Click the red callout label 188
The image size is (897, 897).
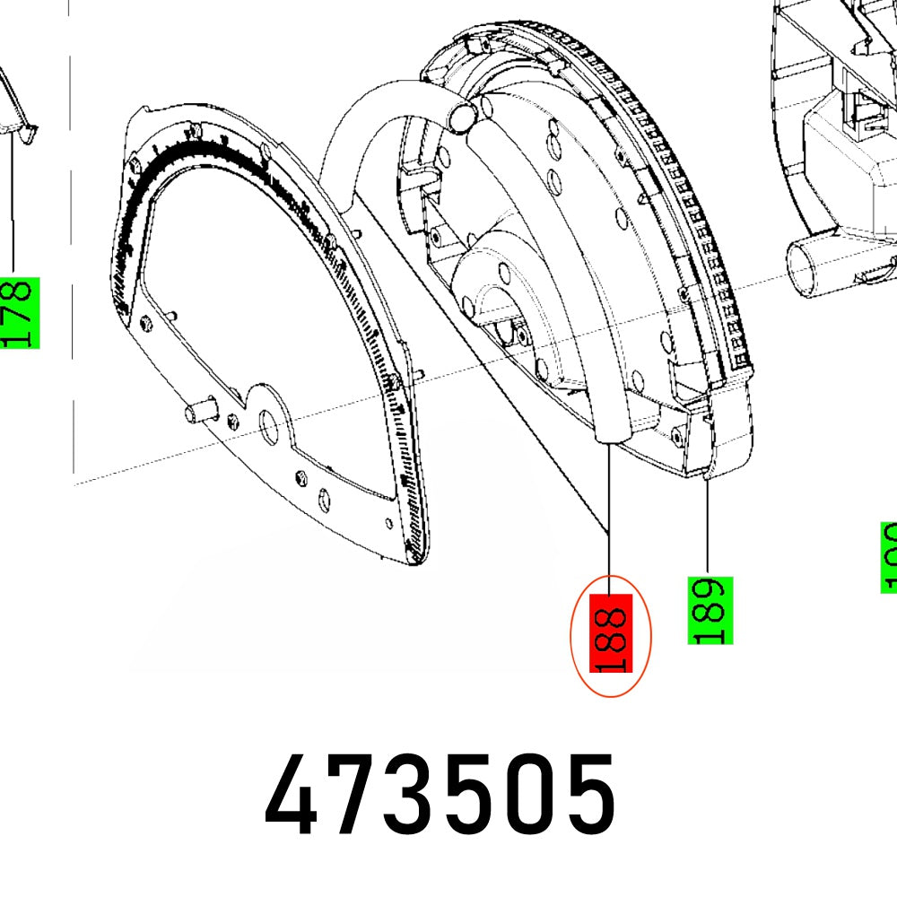[x=611, y=634]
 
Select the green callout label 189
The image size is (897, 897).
[x=710, y=611]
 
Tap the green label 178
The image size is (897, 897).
[x=17, y=312]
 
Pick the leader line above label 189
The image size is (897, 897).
[x=708, y=529]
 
